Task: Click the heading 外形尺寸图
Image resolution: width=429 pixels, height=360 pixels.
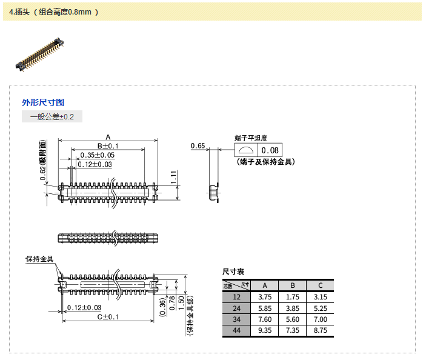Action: [43, 102]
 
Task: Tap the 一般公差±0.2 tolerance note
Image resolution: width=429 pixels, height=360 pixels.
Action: [52, 116]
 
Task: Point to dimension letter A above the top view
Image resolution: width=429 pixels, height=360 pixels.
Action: [108, 136]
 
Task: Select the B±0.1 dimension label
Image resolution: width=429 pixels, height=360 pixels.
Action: [108, 146]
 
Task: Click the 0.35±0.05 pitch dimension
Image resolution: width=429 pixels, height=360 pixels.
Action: [97, 155]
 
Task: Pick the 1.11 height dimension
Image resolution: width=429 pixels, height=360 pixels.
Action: [174, 177]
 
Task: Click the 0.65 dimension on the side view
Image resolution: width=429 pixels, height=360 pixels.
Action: [198, 146]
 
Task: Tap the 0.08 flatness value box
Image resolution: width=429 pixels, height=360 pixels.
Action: [270, 150]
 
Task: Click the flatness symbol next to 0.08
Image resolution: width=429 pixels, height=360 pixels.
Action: [246, 150]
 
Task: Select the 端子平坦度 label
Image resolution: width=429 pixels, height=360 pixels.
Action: [251, 138]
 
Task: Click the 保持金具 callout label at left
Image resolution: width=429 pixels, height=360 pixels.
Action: [39, 259]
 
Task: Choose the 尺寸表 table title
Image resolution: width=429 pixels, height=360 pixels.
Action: [233, 272]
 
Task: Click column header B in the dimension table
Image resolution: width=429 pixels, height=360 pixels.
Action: [293, 285]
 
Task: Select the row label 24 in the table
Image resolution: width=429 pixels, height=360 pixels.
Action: [237, 308]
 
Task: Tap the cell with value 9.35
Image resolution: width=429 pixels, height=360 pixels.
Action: [264, 330]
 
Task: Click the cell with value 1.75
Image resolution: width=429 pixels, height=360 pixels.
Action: [293, 297]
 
